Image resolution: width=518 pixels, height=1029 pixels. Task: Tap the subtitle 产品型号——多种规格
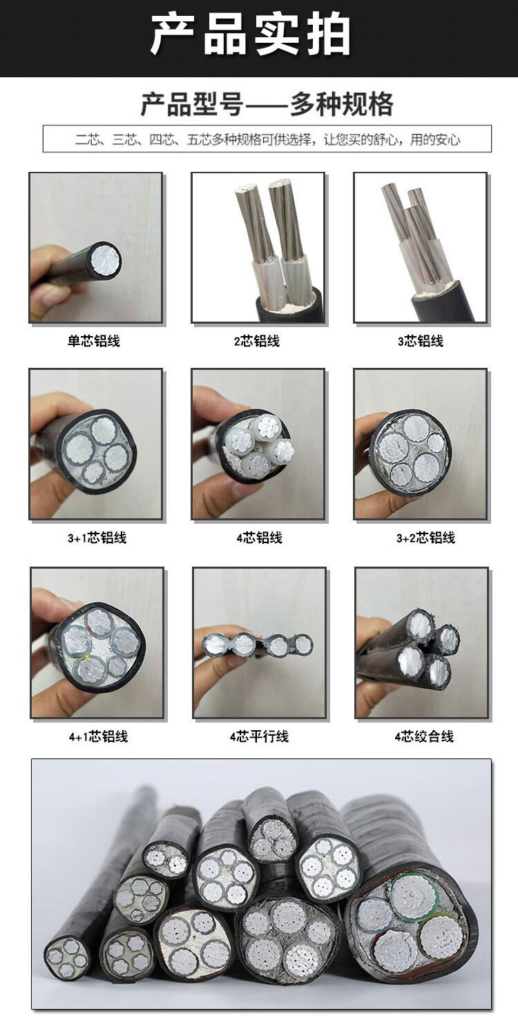pos(267,104)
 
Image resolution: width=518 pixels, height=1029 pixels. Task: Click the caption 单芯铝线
pos(94,341)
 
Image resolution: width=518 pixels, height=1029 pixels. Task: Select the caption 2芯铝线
pos(257,341)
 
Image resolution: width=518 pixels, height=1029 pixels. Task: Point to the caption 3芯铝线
pos(421,341)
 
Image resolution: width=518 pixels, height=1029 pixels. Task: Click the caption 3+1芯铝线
pos(97,538)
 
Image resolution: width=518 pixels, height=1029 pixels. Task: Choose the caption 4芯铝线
pos(259,538)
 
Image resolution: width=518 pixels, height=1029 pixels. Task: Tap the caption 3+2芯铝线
pos(425,538)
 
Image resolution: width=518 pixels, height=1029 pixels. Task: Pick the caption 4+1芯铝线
pos(98,737)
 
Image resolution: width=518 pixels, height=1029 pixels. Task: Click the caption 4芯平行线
pos(259,737)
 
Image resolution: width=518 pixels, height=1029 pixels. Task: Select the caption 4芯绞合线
pos(424,737)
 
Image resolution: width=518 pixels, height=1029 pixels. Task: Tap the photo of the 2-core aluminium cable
pos(258,248)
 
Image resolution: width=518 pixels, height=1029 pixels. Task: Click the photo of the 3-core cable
pos(420,248)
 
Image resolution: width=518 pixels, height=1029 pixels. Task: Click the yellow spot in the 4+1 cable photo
pos(87,657)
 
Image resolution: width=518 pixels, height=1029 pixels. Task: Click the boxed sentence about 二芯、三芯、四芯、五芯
pos(267,139)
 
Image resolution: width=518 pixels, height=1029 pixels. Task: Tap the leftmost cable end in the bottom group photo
pos(67,959)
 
